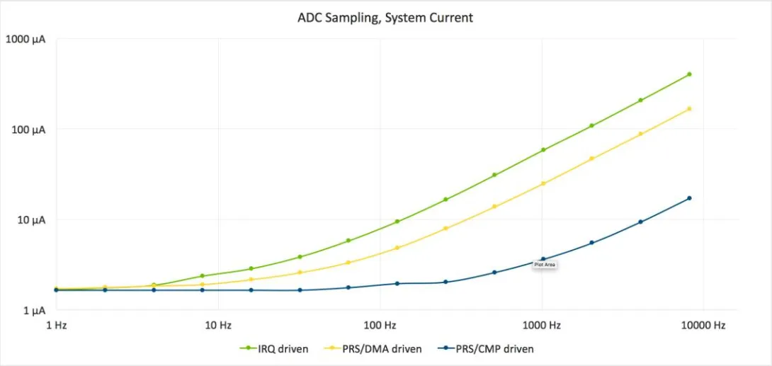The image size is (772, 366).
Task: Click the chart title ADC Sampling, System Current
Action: [385, 18]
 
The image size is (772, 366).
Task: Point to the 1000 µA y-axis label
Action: [25, 39]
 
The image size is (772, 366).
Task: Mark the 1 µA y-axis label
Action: [34, 311]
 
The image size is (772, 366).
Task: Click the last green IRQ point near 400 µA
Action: [689, 74]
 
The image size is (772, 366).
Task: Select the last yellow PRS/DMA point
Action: [689, 108]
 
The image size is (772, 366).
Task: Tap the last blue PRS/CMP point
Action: [689, 198]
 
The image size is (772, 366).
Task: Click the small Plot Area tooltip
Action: [545, 265]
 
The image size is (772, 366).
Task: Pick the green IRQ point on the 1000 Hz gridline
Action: [543, 149]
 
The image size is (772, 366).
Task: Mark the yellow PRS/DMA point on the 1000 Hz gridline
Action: [543, 183]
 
